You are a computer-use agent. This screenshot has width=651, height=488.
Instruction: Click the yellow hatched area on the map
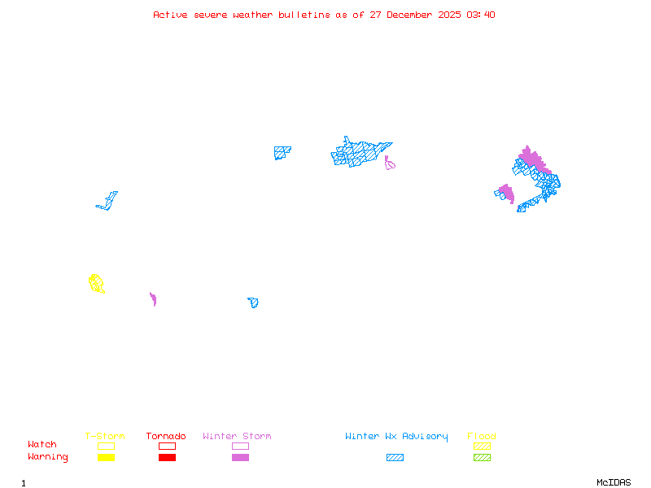coord(96,283)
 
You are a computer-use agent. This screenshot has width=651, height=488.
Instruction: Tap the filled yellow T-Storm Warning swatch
coord(106,458)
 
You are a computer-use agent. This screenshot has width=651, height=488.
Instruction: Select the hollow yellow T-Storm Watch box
coord(106,446)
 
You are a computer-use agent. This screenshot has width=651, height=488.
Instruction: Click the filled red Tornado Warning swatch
coord(167,458)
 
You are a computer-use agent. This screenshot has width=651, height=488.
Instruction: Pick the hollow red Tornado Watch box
coord(167,446)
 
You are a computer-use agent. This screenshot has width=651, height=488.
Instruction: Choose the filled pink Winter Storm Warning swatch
coord(240,458)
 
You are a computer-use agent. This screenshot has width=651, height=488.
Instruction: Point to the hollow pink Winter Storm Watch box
coord(240,446)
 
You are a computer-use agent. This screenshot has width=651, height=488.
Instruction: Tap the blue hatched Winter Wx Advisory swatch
coord(395,458)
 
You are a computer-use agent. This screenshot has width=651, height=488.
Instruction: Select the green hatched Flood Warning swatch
coord(482,458)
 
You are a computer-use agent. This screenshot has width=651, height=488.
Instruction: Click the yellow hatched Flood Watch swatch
coord(482,446)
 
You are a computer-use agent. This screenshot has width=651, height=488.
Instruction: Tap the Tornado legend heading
coord(166,437)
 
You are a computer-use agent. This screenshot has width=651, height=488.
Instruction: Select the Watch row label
coord(42,445)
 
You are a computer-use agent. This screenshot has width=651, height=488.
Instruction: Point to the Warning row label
coord(48,457)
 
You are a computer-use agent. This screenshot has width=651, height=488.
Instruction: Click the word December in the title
coord(412,15)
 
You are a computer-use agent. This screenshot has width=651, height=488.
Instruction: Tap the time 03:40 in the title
coord(481,15)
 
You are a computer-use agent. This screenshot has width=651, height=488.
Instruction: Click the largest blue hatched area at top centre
coord(358,153)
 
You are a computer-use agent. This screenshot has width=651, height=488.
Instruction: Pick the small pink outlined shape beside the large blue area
coord(390,164)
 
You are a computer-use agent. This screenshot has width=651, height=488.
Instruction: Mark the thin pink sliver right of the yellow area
coord(153,299)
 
